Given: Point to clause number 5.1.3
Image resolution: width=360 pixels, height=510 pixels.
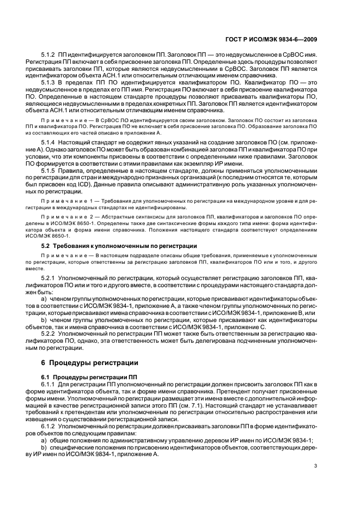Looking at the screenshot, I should click(49, 82).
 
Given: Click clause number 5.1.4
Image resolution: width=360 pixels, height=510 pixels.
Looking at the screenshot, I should click(49, 142).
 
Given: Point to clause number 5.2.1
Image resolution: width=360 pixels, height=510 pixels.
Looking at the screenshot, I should click(49, 277).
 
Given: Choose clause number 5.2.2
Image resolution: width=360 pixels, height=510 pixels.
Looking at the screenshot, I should click(49, 332).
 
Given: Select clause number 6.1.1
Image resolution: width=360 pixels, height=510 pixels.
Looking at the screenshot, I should click(49, 385).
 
